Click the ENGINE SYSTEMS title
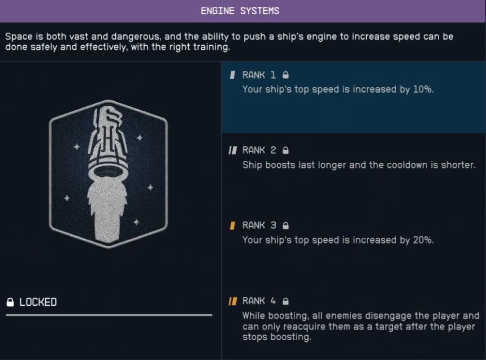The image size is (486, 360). [x=240, y=11]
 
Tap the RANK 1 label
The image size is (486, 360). [x=259, y=75]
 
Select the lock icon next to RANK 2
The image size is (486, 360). [x=286, y=150]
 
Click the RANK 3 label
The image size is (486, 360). [x=259, y=225]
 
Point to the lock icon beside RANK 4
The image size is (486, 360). [x=286, y=301]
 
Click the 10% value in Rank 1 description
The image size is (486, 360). [x=422, y=89]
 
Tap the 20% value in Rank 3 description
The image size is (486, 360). [x=422, y=240]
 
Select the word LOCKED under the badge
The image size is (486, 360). [x=38, y=302]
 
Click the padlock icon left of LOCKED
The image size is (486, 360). [x=10, y=302]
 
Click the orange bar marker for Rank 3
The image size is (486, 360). [x=232, y=225]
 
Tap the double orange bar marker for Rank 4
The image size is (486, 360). [x=232, y=301]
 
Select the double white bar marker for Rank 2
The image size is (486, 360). [x=232, y=150]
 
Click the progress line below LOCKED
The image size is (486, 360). [x=109, y=315]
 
